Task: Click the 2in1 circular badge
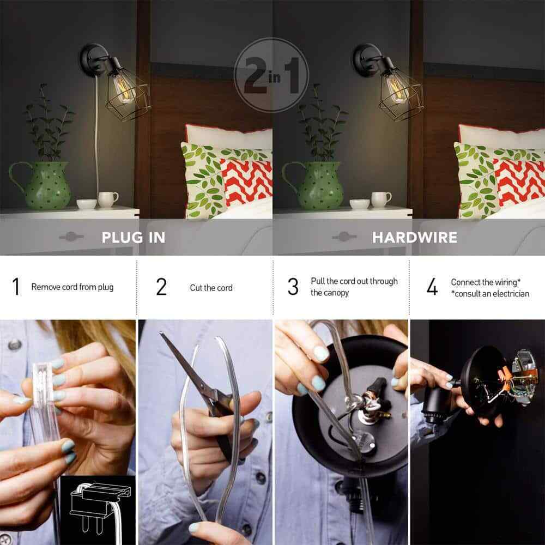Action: coord(271,75)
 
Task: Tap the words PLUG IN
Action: coord(134,238)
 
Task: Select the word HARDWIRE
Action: coord(415,238)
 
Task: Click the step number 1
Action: coord(16,287)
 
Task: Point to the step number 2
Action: coord(161,287)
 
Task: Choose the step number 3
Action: coord(293,287)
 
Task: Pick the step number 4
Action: coord(432,287)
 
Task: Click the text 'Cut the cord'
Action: coord(211,288)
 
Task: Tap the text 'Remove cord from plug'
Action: coord(72,287)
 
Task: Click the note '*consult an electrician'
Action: coord(490,294)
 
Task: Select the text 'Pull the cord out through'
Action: coord(354,281)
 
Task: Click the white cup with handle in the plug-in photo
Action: coord(108,199)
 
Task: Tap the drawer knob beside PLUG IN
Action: coord(71,237)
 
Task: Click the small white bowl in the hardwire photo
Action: coord(359,204)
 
